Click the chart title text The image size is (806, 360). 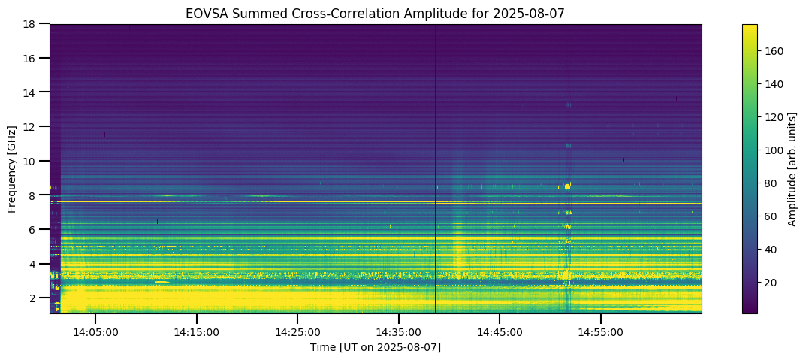tap(375, 13)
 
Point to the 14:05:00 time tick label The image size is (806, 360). tap(95, 331)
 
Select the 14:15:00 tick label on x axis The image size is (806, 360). tap(197, 331)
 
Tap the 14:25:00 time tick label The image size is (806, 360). tap(297, 331)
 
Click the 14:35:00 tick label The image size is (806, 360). tap(399, 331)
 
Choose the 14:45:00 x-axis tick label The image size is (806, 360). tap(500, 331)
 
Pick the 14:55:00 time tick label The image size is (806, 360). tap(601, 331)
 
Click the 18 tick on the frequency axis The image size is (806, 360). tap(33, 24)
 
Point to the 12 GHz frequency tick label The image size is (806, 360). tap(33, 126)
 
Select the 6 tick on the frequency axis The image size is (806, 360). tap(36, 229)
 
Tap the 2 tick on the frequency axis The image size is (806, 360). tap(36, 298)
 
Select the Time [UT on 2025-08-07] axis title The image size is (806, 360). tap(375, 347)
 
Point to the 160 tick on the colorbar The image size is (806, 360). tap(774, 51)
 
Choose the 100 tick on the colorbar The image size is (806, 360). tap(774, 150)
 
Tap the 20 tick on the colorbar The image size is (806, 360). tap(771, 282)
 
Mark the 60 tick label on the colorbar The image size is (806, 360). tap(771, 216)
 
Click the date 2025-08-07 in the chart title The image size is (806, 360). tap(536, 13)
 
